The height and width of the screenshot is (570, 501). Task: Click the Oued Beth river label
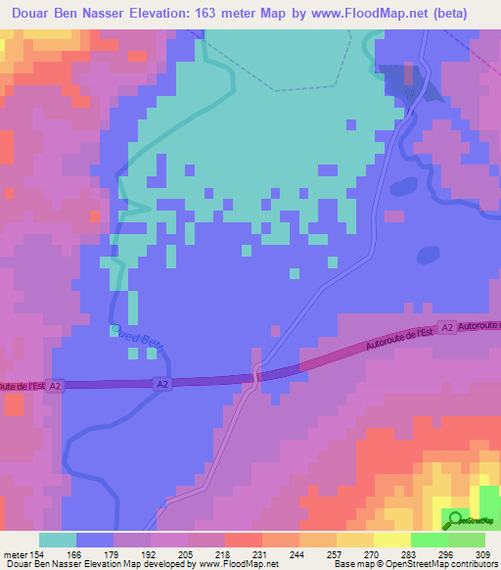pyautogui.click(x=138, y=337)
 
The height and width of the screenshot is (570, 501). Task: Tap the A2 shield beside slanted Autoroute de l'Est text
pyautogui.click(x=447, y=328)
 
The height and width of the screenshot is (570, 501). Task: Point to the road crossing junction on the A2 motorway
pyautogui.click(x=256, y=374)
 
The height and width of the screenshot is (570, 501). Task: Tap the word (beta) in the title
pyautogui.click(x=446, y=14)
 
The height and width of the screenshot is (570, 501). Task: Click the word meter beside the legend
pyautogui.click(x=14, y=554)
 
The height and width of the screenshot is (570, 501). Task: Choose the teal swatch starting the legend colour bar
pyautogui.click(x=58, y=540)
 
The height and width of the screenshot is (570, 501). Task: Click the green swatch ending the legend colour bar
pyautogui.click(x=467, y=540)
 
